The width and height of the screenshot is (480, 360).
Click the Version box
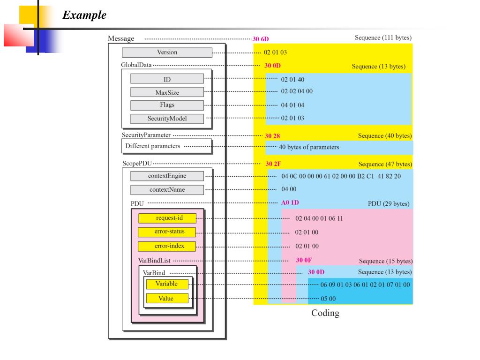pos(167,52)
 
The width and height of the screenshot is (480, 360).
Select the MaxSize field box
pos(167,92)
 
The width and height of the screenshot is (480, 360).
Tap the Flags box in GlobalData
pos(167,105)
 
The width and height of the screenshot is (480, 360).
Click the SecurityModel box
pos(167,119)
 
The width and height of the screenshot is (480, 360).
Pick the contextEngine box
pos(167,176)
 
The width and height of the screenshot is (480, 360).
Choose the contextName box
pos(167,190)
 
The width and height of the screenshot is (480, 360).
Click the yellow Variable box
pos(167,284)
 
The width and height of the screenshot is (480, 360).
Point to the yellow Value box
pos(167,298)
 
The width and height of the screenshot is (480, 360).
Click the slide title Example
pos(84,15)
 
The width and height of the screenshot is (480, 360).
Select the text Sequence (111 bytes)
pos(383,37)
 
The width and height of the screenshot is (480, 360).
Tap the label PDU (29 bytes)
pos(389,204)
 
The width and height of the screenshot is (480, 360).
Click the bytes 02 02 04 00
pos(297,91)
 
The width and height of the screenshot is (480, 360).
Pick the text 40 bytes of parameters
pos(308,147)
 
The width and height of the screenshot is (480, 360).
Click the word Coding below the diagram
pos(325,313)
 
